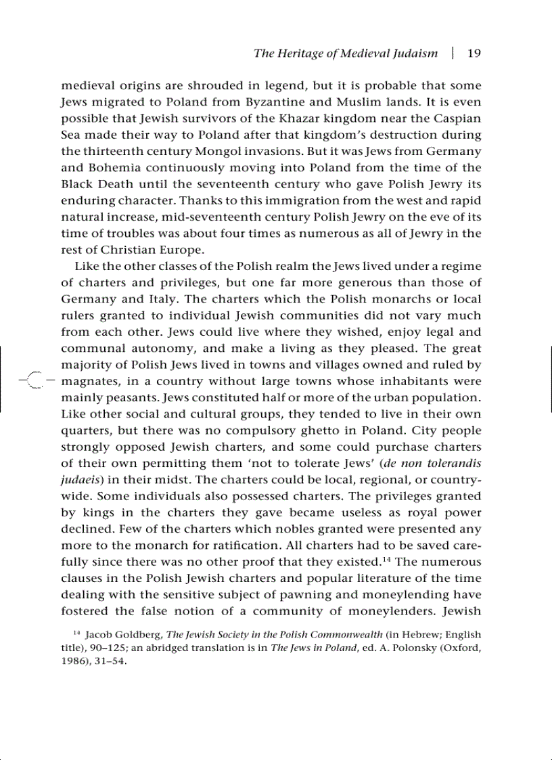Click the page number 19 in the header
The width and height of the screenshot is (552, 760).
point(474,53)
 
